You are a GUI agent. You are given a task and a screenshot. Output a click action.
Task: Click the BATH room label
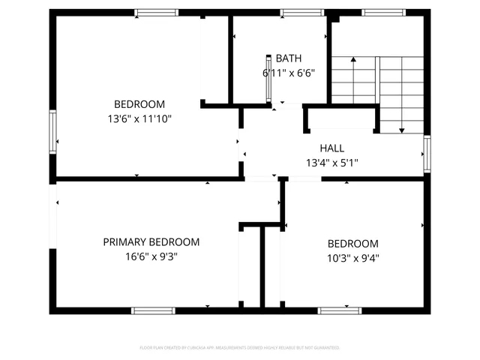[288, 58]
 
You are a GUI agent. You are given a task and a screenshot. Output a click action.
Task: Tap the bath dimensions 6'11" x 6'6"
[288, 73]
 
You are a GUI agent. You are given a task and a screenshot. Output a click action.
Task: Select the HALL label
[332, 148]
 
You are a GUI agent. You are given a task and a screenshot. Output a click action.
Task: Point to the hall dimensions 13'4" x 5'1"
[332, 163]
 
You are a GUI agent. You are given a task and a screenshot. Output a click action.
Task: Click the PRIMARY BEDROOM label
[151, 242]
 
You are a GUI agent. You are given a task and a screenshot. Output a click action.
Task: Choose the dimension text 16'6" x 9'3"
[151, 256]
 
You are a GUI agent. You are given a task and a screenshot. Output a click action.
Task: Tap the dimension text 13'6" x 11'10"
[139, 118]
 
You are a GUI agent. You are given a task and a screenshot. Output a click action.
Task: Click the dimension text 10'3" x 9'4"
[352, 258]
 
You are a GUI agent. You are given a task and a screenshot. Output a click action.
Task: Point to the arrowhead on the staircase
[401, 130]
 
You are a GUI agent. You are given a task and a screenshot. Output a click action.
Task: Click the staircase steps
[379, 82]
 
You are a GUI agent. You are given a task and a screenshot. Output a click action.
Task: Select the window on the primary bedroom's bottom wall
[153, 310]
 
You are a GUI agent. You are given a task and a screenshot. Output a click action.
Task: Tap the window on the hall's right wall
[427, 153]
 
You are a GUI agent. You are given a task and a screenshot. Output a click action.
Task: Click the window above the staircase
[383, 13]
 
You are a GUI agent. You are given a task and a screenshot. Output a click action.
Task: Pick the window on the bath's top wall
[302, 13]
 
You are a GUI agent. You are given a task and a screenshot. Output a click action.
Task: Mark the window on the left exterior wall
[52, 132]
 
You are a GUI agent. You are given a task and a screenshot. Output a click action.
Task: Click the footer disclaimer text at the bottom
[240, 348]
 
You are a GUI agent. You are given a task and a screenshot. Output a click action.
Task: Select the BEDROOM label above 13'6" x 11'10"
[139, 104]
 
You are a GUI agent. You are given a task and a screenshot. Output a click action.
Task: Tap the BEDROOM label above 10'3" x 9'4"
[352, 244]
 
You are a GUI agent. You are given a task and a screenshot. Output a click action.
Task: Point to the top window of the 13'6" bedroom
[157, 13]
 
